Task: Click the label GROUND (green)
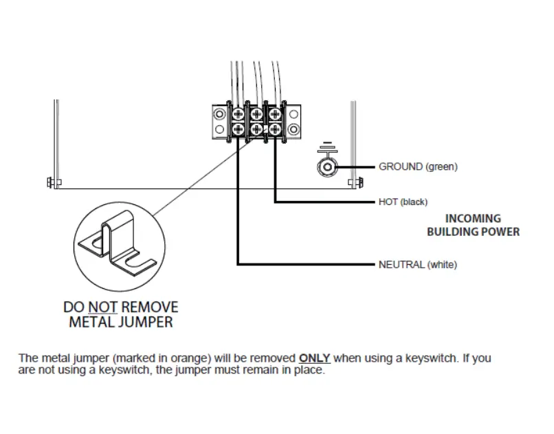[418, 166]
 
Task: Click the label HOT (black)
[403, 202]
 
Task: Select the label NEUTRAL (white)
[417, 264]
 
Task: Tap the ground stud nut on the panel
[327, 167]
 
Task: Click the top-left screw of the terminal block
[238, 113]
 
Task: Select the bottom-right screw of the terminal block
[274, 129]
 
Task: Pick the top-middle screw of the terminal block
[256, 113]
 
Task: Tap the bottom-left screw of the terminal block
[238, 129]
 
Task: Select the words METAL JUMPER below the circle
[120, 322]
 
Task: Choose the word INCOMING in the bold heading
[473, 219]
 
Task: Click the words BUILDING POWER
[473, 232]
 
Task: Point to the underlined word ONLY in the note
[315, 358]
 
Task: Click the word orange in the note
[194, 358]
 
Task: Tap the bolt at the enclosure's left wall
[52, 183]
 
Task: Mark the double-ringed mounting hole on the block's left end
[219, 114]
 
